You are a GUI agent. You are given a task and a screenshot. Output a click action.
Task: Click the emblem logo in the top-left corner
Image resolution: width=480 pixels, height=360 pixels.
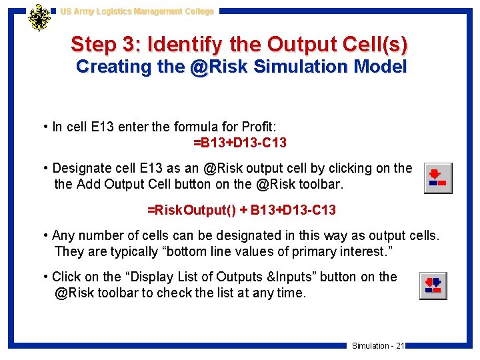39,18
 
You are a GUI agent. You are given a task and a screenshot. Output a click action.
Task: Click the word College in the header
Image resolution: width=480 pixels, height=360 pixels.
196,11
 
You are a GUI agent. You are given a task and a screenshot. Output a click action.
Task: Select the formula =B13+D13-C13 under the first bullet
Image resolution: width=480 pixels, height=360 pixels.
240,143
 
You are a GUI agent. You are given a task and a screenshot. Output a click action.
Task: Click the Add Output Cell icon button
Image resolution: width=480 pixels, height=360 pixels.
438,178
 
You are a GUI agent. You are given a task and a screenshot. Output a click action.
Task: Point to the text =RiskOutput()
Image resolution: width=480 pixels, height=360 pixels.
192,210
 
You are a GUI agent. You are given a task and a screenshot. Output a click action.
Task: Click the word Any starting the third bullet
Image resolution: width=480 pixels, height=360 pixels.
63,235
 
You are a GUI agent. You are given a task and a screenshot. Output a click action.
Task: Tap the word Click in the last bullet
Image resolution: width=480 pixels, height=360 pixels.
66,277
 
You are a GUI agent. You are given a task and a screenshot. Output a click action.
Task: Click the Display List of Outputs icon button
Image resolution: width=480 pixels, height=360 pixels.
433,286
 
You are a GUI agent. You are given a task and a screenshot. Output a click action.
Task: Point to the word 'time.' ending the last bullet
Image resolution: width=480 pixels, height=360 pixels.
291,292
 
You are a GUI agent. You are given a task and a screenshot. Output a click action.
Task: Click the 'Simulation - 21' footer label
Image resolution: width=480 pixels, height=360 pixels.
378,345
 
